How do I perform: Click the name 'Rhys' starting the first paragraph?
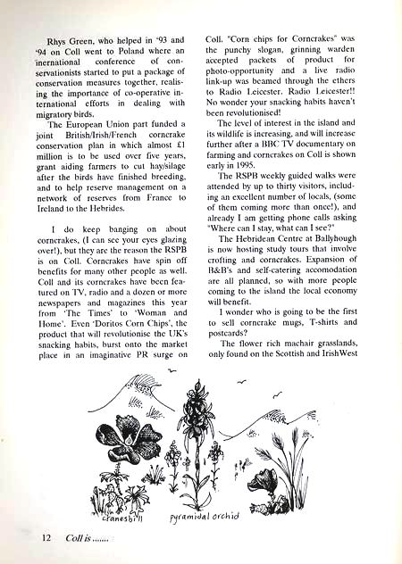coord(58,40)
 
